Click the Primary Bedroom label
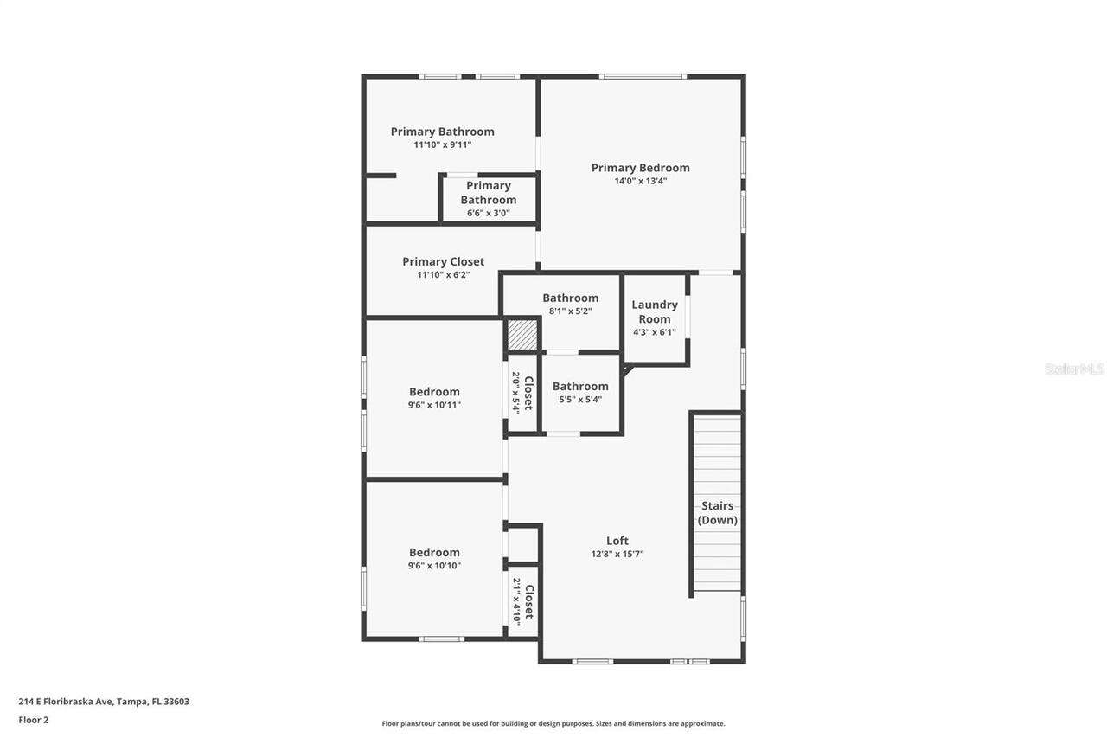coord(640,168)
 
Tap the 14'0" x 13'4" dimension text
coord(640,182)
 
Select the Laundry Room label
coord(655,311)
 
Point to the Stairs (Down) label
coord(718,513)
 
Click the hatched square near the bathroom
coord(522,335)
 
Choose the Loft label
coord(617,541)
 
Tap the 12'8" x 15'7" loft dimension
coord(617,555)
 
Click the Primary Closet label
coord(443,261)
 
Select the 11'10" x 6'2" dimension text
coord(443,275)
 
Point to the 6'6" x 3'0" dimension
coord(489,213)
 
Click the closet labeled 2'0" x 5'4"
coord(522,393)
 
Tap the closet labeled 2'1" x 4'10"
coord(523,600)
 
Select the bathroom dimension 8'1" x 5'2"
coord(570,311)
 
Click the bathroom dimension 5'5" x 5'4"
coord(580,400)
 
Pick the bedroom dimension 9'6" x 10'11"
coord(434,405)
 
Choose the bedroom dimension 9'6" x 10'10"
coord(434,566)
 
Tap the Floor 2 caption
coord(34,719)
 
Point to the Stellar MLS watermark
coord(1074,369)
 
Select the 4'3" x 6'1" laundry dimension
coord(655,332)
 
